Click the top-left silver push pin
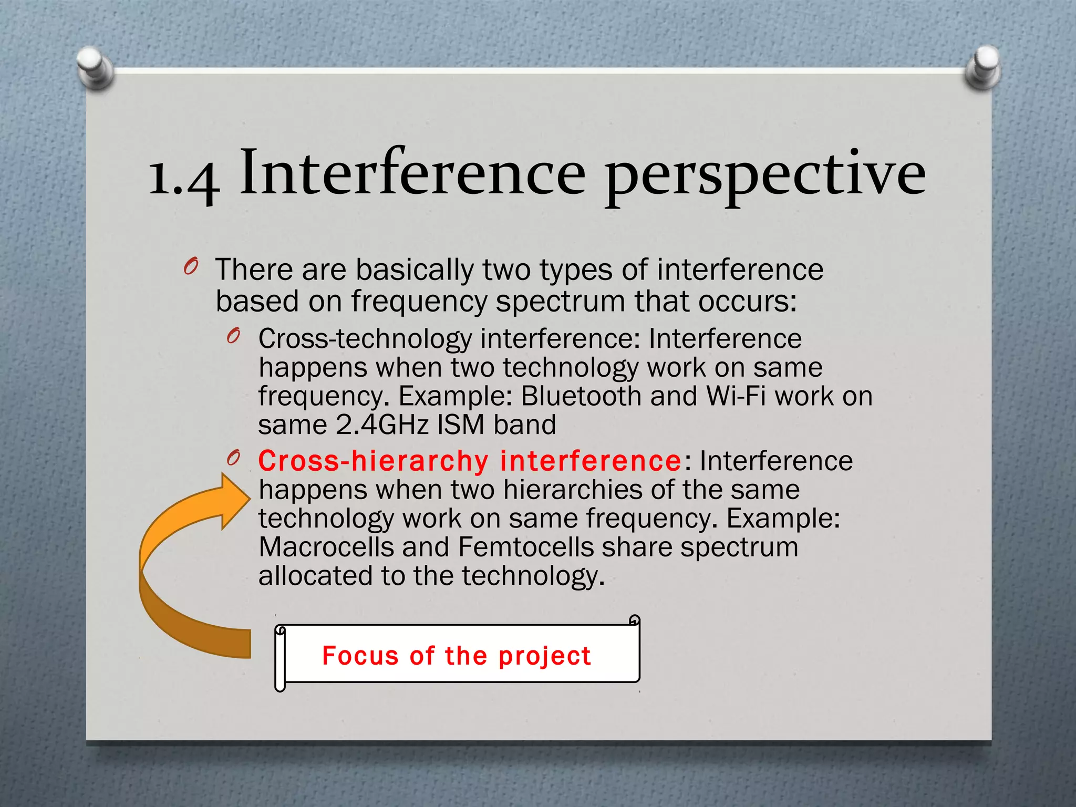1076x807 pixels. point(94,67)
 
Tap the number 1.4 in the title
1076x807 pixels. point(183,176)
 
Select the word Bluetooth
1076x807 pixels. point(581,396)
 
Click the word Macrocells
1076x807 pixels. point(326,547)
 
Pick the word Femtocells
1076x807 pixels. point(525,547)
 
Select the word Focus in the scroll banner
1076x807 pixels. point(360,656)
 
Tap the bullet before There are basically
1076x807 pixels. point(190,267)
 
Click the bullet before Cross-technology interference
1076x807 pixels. point(233,336)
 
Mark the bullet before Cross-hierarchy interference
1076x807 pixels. point(233,458)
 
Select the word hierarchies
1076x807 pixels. point(572,490)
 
